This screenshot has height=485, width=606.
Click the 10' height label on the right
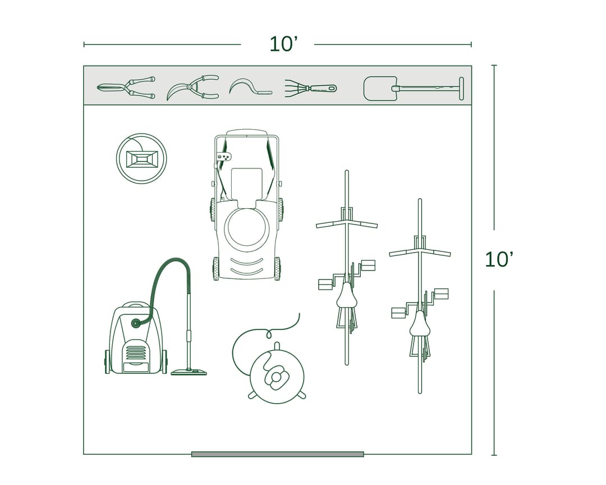point(498,259)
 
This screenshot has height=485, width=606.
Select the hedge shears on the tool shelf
point(126,88)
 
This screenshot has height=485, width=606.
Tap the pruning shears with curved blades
point(192,88)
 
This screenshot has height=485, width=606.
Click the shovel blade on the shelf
point(380,89)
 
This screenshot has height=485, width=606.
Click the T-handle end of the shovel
point(461,89)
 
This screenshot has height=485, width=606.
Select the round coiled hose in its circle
point(141,158)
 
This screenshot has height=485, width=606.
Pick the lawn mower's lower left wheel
point(216,269)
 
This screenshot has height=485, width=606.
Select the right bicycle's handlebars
point(420,251)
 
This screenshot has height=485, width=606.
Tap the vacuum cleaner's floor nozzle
point(189,372)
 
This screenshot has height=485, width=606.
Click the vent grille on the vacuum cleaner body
point(135,353)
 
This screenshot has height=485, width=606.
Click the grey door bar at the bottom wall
point(277,454)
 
